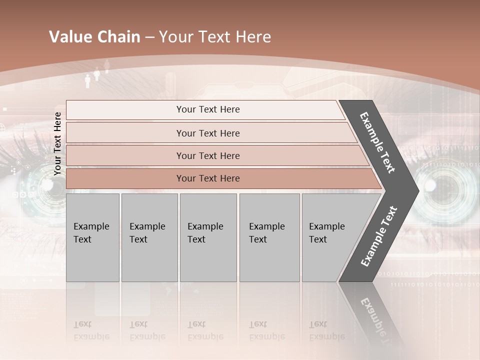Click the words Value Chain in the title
(94, 37)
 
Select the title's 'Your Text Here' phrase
(215, 37)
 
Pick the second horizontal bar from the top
(207, 133)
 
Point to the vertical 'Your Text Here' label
(57, 144)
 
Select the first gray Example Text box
(92, 237)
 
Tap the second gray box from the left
(149, 237)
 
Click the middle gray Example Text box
(208, 237)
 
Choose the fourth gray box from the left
(269, 237)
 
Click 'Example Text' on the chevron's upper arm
(377, 142)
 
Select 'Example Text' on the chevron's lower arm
(379, 236)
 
